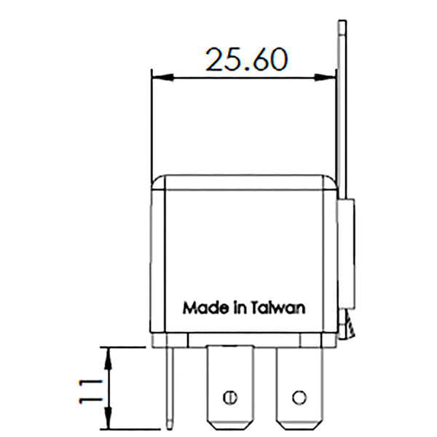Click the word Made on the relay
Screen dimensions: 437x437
click(200, 307)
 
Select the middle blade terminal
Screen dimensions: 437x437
click(229, 386)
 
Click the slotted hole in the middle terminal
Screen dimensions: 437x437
click(230, 397)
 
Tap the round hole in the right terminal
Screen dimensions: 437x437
click(297, 397)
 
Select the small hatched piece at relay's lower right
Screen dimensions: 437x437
click(350, 329)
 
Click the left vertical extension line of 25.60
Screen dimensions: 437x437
click(151, 124)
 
